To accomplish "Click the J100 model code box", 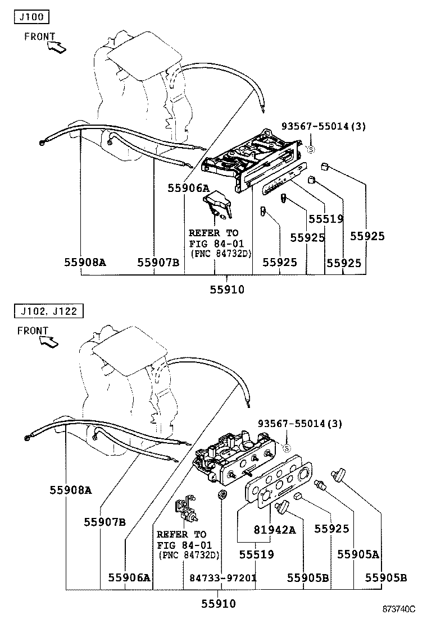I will tap(31, 17).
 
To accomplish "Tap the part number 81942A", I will tap(274, 529).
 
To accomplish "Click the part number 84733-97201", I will tap(222, 577).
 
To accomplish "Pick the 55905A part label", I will tap(358, 554).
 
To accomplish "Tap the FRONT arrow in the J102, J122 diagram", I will tap(49, 341).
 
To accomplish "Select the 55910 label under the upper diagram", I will tap(227, 290).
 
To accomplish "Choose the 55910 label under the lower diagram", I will tap(219, 604).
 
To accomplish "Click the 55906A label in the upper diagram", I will tap(188, 189).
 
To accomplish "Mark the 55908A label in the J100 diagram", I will tap(84, 262).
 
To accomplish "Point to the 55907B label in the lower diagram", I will tap(105, 522).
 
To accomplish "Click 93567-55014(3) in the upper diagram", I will tap(323, 126).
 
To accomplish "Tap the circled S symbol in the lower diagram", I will tap(285, 448).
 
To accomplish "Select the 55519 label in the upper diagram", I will tap(325, 219).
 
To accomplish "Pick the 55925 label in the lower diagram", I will tap(331, 529).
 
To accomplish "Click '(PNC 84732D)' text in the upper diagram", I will tap(220, 254).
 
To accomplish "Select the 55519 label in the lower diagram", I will tap(256, 554).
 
